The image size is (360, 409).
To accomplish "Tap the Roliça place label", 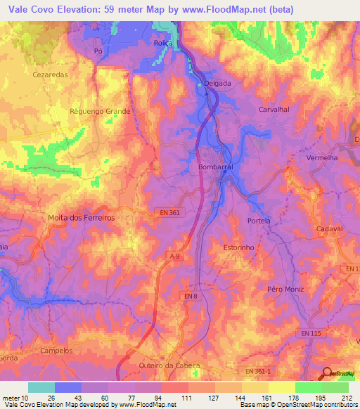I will click(163, 43).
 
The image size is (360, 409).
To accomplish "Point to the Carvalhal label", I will click(274, 110).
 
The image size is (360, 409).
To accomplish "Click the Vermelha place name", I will click(323, 158).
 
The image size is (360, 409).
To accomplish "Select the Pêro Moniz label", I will click(284, 289).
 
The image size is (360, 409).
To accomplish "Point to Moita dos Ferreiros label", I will click(81, 218).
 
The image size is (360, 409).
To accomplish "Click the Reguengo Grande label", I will click(101, 111).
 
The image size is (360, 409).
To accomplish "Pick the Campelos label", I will click(57, 350).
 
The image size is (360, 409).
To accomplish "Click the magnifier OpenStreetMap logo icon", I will click(328, 374).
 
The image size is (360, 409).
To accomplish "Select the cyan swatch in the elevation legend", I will click(41, 387).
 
